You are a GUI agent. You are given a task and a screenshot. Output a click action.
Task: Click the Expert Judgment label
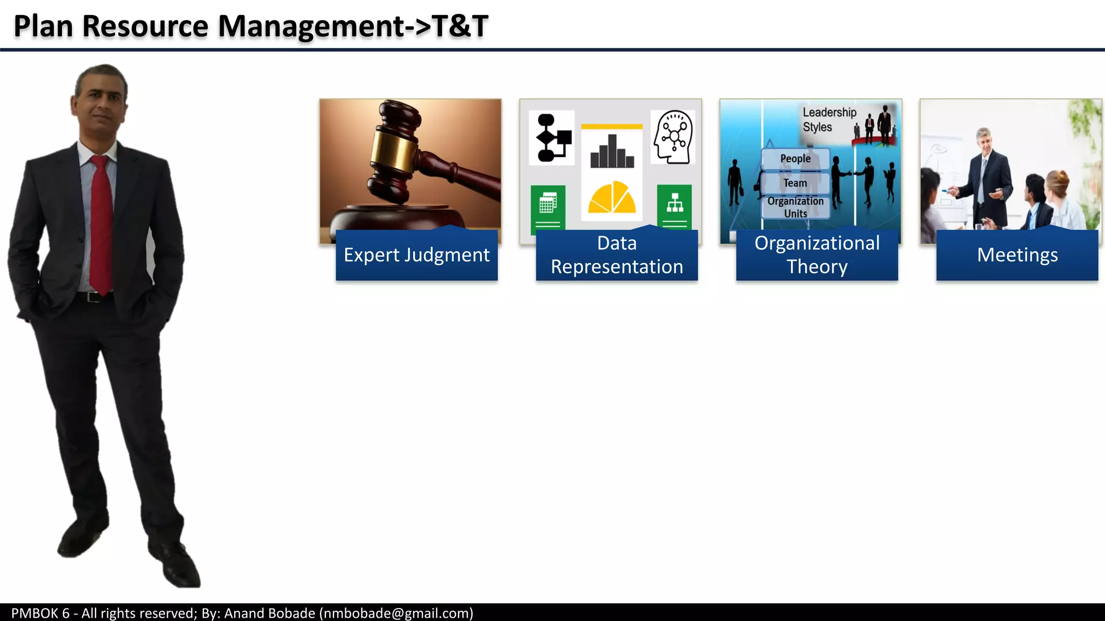pos(417,255)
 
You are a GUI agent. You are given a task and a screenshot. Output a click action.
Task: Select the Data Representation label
pos(617,255)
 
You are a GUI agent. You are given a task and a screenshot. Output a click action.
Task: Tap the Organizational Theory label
pos(817,255)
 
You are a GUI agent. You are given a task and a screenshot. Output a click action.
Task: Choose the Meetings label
pos(1017,255)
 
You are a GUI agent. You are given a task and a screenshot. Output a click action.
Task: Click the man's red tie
pos(101,226)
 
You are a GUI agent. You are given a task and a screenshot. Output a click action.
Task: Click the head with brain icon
pos(673,137)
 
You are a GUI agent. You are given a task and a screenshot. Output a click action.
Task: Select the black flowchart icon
pos(552,137)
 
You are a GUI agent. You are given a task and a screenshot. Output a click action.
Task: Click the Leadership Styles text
pos(829,120)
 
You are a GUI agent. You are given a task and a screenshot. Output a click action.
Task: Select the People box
pos(795,158)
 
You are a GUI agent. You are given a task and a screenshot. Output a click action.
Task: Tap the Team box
pos(795,183)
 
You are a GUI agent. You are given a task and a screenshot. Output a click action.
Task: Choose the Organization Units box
pos(795,208)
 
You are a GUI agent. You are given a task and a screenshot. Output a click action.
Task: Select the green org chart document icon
pos(674,208)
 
